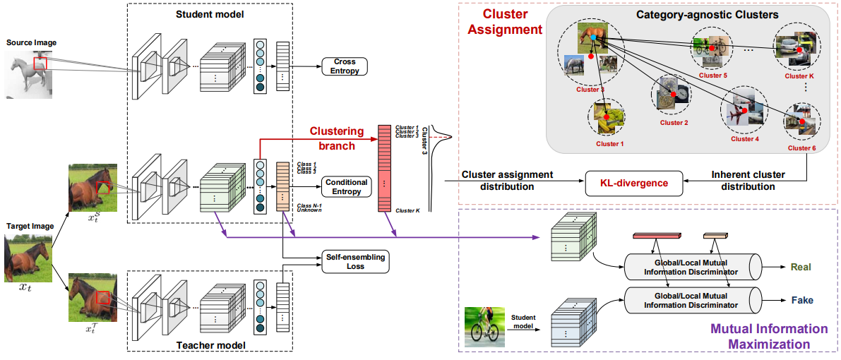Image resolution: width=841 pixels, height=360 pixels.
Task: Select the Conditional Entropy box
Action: pos(347,186)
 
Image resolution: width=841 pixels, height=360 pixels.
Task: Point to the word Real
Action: pos(801,267)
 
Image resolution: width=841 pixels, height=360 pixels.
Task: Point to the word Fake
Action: pos(801,300)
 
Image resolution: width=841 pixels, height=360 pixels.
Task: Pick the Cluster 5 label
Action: pos(712,74)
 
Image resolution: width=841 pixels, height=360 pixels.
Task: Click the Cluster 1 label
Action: pos(611,143)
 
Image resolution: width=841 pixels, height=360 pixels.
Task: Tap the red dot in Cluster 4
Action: pos(739,112)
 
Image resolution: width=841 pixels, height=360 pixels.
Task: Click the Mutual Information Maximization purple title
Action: pos(768,337)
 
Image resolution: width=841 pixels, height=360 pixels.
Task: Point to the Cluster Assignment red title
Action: pos(503,21)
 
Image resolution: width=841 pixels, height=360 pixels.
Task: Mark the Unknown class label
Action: pos(309,210)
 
